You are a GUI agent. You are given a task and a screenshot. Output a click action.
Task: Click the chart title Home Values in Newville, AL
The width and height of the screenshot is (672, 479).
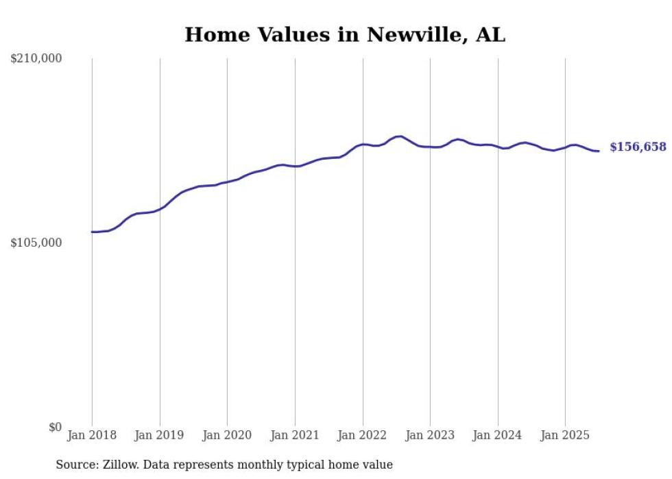point(344,35)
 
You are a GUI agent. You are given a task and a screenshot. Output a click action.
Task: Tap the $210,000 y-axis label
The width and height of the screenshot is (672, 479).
point(36,59)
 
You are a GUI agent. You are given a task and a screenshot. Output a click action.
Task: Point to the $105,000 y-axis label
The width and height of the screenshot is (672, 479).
point(36,243)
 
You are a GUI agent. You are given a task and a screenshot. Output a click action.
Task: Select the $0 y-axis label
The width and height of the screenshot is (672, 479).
point(55,427)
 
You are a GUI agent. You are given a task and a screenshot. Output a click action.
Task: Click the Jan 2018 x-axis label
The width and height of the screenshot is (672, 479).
point(92,435)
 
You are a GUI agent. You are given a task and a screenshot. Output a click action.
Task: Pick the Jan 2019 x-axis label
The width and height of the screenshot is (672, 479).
point(160,435)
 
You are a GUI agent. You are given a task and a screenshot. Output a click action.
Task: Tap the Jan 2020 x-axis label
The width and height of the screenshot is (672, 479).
point(227,435)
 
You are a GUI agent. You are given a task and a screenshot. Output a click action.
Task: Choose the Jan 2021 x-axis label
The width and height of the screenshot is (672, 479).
point(295,435)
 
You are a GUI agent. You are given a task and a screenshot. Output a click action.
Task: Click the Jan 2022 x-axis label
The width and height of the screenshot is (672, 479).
point(363,435)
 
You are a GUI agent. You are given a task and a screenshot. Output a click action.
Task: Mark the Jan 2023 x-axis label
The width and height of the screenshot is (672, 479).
point(430,435)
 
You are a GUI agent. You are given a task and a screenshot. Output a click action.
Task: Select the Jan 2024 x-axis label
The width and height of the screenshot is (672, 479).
point(498,435)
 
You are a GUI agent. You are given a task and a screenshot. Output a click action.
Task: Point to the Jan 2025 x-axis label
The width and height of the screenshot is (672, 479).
point(565,435)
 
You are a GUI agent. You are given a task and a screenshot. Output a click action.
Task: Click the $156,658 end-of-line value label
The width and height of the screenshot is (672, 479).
point(638,147)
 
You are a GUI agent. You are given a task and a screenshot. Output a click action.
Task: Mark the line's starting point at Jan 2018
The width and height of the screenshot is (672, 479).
point(92,232)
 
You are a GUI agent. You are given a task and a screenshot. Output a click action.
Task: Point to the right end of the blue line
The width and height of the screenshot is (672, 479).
point(599,151)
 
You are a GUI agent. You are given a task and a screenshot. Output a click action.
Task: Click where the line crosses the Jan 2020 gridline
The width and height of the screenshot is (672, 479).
point(227,182)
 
